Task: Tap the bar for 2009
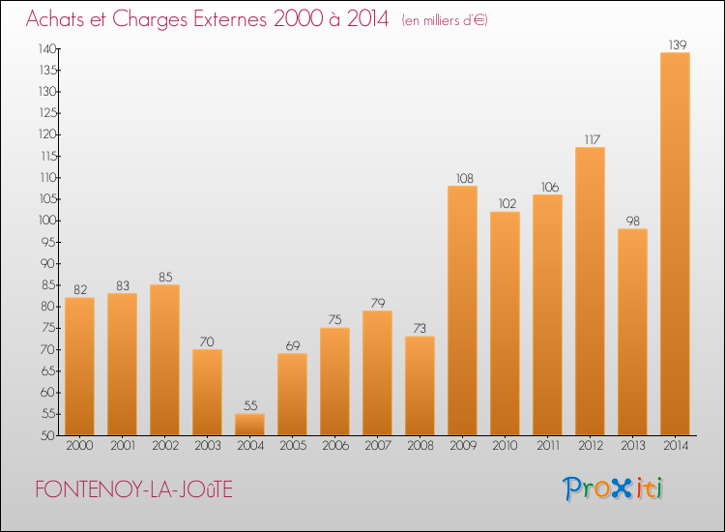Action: click(x=462, y=310)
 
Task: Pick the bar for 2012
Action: click(x=590, y=291)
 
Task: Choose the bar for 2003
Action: click(x=207, y=392)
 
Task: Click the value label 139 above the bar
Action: click(x=675, y=44)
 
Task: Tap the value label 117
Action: click(x=590, y=138)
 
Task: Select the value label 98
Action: click(x=632, y=220)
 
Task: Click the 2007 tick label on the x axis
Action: click(x=377, y=446)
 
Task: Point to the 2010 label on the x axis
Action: click(x=505, y=446)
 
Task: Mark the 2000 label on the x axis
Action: click(x=79, y=446)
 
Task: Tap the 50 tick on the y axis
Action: click(x=46, y=435)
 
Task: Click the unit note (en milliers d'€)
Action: click(x=446, y=20)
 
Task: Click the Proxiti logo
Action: click(x=613, y=488)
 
